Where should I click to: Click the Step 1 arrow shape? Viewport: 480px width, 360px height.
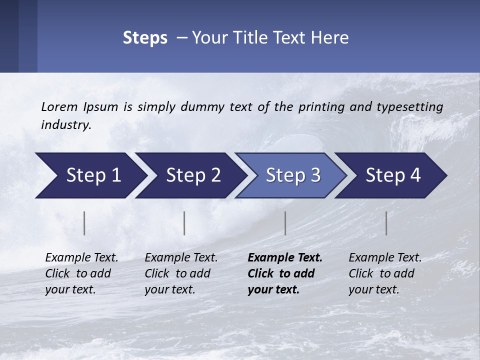pos(90,175)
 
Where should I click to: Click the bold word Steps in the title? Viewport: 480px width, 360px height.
pos(145,38)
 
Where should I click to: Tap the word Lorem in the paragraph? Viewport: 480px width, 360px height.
pos(59,106)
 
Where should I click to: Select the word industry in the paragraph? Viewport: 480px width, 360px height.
pos(65,125)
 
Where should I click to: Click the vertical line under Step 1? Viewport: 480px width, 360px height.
pos(84,223)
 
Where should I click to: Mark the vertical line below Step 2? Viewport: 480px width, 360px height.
pos(184,223)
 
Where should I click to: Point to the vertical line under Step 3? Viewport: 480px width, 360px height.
pos(285,223)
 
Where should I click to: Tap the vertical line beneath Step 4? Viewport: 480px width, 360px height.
pos(386,223)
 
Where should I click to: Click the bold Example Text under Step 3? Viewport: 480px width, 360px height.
pos(285,258)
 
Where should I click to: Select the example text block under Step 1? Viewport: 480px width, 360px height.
pos(81,273)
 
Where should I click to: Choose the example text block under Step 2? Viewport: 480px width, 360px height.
pos(181,273)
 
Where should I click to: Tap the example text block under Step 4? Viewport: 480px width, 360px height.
pos(385,273)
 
